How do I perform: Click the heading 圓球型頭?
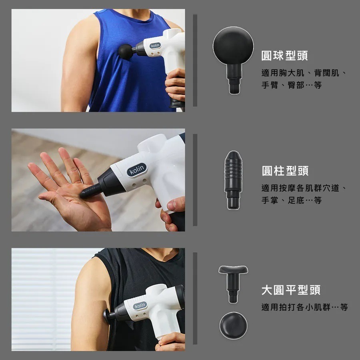click(x=284, y=56)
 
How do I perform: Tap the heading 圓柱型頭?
click(x=285, y=171)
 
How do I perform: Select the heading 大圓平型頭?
click(x=291, y=290)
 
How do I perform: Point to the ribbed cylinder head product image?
click(x=233, y=172)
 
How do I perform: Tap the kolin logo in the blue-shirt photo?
click(x=155, y=45)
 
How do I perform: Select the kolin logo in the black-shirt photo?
click(x=140, y=306)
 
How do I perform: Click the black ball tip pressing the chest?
click(x=126, y=52)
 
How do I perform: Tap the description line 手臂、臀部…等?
click(x=291, y=85)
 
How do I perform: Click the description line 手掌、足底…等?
click(x=291, y=200)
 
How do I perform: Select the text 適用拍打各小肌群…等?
click(x=304, y=307)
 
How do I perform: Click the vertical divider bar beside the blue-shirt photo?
click(x=195, y=60)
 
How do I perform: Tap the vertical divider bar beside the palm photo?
click(x=195, y=180)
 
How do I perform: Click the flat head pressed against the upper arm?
click(x=107, y=316)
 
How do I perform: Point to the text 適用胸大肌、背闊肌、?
click(x=304, y=73)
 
